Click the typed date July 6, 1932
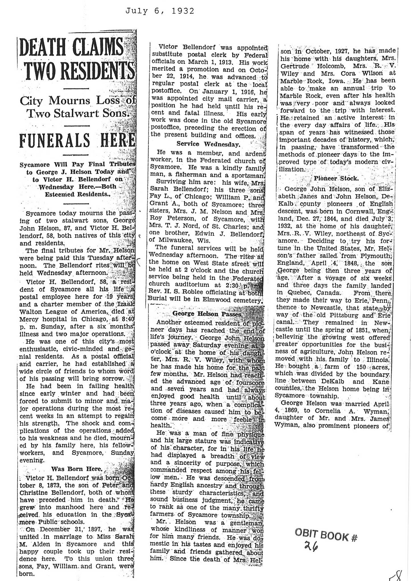click(160, 11)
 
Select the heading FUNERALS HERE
click(77, 140)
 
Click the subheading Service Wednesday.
click(208, 144)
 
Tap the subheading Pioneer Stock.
click(336, 178)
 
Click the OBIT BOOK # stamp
click(325, 536)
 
